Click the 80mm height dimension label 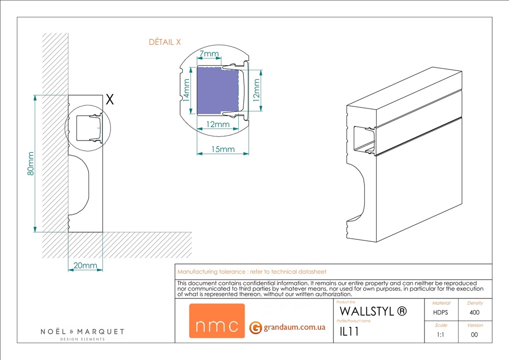coord(31,164)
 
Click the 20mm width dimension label coord(86,266)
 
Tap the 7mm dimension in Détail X coord(209,54)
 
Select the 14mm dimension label coord(187,90)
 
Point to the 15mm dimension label coord(222,149)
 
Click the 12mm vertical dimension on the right coord(256,87)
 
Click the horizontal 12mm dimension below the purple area coord(217,124)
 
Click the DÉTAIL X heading coord(164,42)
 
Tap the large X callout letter coord(109,100)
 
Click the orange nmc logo coord(217,321)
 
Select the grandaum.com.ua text coord(294,327)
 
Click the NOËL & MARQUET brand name coord(82,332)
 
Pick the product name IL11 coord(350,332)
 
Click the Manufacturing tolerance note coord(251,272)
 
